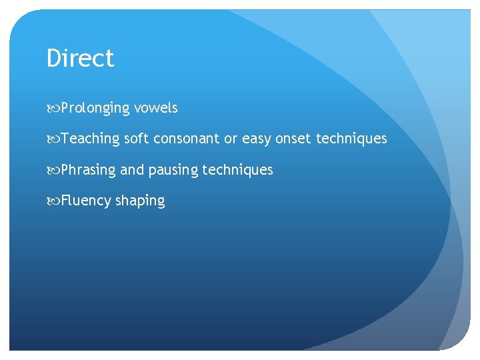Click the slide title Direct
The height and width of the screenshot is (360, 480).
point(80,58)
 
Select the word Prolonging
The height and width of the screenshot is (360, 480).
point(95,108)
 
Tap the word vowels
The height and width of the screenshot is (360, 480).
point(155,108)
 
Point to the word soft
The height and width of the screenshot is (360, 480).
point(137,139)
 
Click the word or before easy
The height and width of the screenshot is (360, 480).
point(231,139)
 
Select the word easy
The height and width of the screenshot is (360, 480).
point(257,139)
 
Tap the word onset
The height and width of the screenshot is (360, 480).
point(293,139)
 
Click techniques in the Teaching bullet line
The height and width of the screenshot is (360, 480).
point(351,139)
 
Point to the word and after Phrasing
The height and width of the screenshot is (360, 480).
point(132,170)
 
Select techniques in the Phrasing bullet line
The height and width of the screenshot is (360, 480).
point(237,170)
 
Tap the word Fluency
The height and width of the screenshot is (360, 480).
point(87,201)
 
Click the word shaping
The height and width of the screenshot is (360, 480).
point(140,201)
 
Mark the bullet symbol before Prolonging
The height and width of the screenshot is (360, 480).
point(53,108)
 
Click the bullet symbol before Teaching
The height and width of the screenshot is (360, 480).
point(53,139)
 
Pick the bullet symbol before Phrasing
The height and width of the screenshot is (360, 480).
point(53,170)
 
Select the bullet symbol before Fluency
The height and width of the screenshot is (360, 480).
point(53,201)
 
